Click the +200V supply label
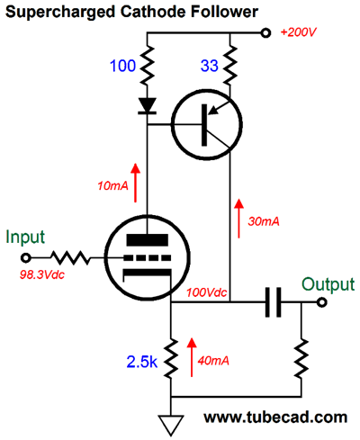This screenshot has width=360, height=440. (x=298, y=32)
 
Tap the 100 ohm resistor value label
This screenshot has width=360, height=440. (x=122, y=66)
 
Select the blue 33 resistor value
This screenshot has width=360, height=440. (x=209, y=66)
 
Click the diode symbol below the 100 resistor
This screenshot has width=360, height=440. (x=147, y=106)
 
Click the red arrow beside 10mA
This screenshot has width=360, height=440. (x=136, y=183)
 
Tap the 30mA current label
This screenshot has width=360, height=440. (x=264, y=221)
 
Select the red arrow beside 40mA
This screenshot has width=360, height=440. (x=192, y=357)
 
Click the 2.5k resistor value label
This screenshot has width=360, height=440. (x=142, y=362)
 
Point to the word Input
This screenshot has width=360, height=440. (x=25, y=238)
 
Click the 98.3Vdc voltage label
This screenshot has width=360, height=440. (x=42, y=274)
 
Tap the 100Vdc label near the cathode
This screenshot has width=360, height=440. (x=207, y=292)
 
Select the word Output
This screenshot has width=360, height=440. (x=328, y=284)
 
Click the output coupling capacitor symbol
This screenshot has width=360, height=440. (x=274, y=302)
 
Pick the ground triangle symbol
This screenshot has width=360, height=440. (x=171, y=426)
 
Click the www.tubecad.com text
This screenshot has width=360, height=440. (x=275, y=417)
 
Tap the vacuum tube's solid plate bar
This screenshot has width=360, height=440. (x=147, y=240)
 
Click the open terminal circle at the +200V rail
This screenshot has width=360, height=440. (x=265, y=32)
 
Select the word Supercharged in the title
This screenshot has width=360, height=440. (x=60, y=13)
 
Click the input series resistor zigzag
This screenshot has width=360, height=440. (x=70, y=258)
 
